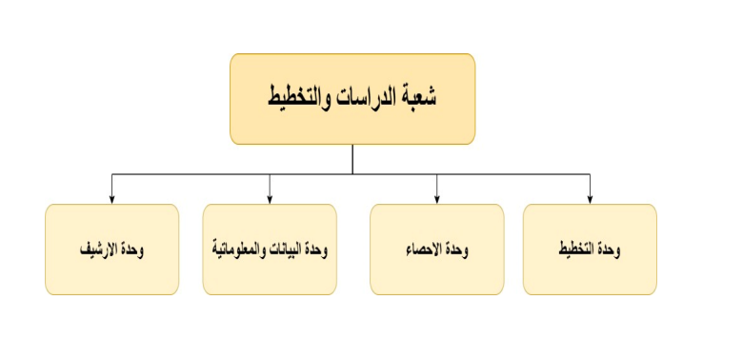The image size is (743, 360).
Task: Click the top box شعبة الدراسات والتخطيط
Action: pyautogui.click(x=352, y=98)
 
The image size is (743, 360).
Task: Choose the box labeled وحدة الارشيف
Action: pyautogui.click(x=111, y=250)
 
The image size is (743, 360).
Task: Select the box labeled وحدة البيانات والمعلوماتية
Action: pyautogui.click(x=270, y=250)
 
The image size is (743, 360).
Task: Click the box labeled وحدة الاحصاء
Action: pyautogui.click(x=436, y=250)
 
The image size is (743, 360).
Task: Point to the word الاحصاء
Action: pyautogui.click(x=423, y=250)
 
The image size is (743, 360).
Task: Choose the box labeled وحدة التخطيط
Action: pyautogui.click(x=590, y=250)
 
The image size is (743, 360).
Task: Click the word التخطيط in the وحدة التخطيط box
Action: pyautogui.click(x=577, y=250)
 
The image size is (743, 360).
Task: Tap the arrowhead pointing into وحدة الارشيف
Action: pyautogui.click(x=111, y=199)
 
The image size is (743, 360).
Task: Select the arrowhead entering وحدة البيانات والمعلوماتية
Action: pyautogui.click(x=270, y=199)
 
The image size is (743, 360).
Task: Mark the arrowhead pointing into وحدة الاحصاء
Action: pyautogui.click(x=436, y=199)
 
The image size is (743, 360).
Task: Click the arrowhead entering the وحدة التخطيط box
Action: pyautogui.click(x=590, y=199)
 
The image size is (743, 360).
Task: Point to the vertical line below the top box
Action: pyautogui.click(x=352, y=159)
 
